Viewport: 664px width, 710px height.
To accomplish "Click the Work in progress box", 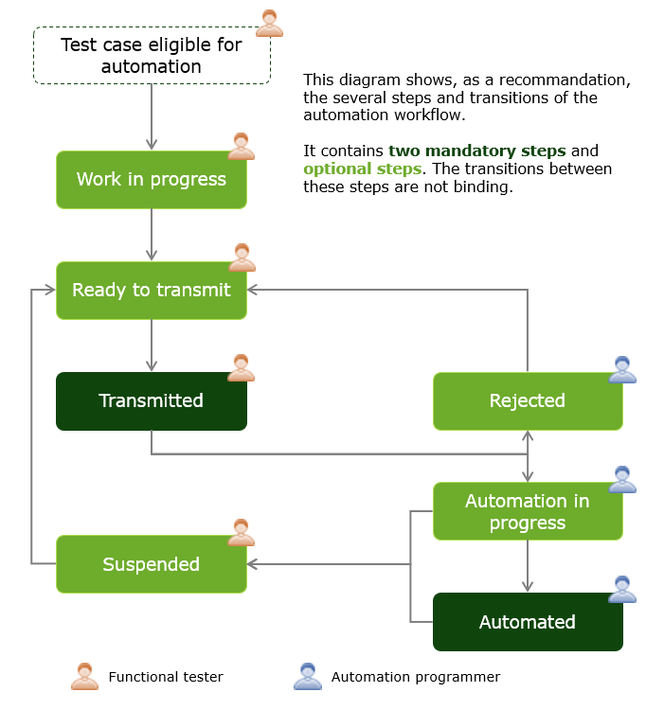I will coord(152,180).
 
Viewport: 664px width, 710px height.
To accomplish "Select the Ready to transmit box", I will coord(152,290).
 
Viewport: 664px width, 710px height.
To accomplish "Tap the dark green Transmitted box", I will coord(152,400).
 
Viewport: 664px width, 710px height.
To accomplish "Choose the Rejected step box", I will coord(528,400).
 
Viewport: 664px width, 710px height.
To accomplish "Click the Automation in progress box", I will coord(528,511).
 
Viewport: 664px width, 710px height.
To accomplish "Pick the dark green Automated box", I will coord(528,622).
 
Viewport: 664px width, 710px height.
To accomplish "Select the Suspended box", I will coord(152,564).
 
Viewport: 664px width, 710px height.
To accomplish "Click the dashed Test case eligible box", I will coord(152,55).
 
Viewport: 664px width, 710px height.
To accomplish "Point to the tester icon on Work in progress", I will coord(242,147).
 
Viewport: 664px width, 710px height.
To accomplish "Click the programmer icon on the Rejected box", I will coord(622,370).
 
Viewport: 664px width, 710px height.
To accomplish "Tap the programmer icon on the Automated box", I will coord(622,590).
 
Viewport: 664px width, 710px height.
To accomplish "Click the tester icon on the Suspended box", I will coord(242,532).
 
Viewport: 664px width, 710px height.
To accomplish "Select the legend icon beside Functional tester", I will coord(84,677).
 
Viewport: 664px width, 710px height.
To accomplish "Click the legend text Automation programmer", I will coord(415,677).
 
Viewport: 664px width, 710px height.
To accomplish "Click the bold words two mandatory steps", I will coord(476,151).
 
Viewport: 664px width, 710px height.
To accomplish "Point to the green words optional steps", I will coord(362,169).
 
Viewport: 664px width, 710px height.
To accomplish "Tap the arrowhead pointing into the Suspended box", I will coord(253,564).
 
